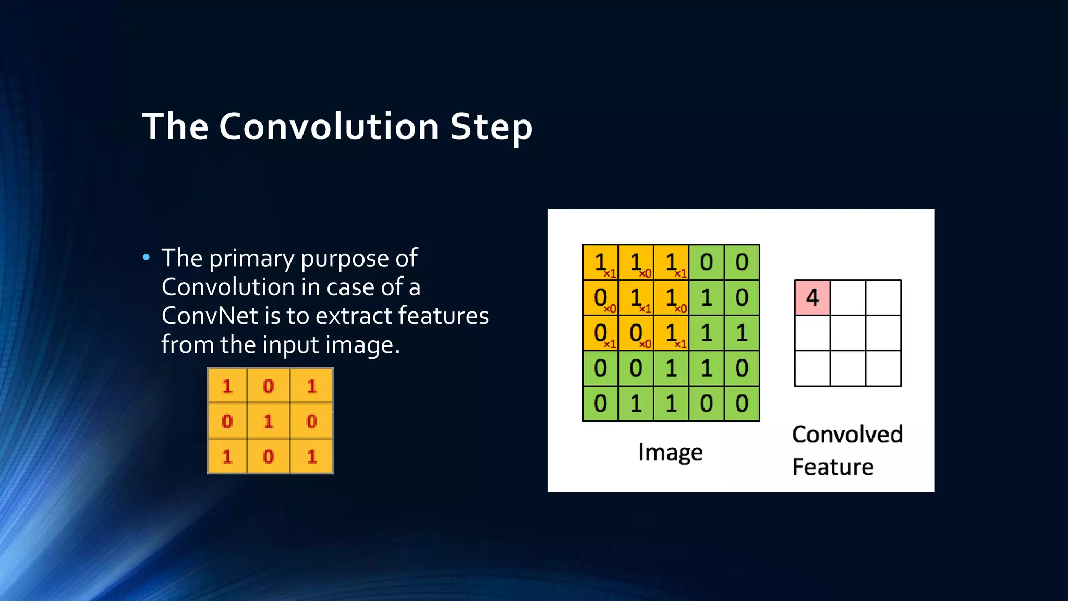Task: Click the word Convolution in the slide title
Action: coord(329,127)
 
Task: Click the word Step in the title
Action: coord(491,127)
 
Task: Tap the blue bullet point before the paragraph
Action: coord(146,257)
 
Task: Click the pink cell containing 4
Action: coord(812,297)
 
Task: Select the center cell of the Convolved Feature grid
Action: coord(847,333)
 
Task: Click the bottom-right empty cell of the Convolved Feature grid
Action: coord(883,368)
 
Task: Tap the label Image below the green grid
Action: coord(670,452)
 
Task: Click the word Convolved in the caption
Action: coord(847,435)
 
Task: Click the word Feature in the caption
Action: coord(832,467)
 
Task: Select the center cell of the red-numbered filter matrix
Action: coord(269,421)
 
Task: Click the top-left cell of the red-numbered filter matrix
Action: coord(227,386)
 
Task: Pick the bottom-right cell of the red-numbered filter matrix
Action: coord(311,456)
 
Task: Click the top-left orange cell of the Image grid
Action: coord(600,262)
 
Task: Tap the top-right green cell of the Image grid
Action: coord(742,262)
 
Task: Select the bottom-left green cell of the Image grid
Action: coord(600,403)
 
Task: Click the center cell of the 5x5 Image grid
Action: coord(671,333)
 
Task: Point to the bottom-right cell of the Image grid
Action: coord(742,403)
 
